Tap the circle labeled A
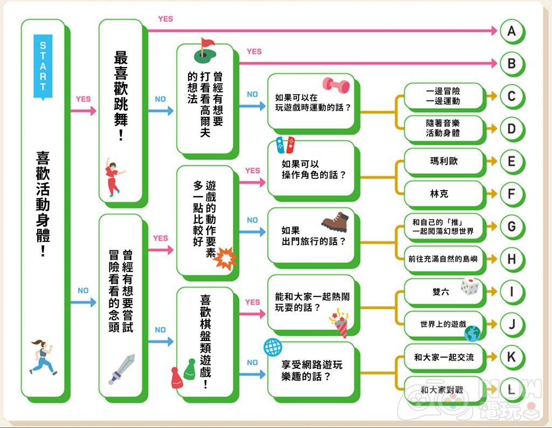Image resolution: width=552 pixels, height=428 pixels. (x=511, y=31)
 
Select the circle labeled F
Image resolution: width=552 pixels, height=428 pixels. (x=511, y=194)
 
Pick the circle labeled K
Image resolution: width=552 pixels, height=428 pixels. (x=511, y=356)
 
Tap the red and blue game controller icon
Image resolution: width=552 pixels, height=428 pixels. (x=286, y=144)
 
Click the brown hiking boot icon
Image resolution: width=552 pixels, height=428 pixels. (x=336, y=221)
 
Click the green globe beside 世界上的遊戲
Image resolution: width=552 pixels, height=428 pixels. (x=472, y=332)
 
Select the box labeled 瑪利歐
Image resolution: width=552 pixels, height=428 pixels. (x=444, y=161)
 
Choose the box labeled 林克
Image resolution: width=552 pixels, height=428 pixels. (x=444, y=194)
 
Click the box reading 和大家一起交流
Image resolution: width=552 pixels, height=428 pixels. (x=444, y=357)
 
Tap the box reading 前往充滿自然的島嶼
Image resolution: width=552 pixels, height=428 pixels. (x=444, y=259)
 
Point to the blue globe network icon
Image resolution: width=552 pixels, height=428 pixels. (x=271, y=348)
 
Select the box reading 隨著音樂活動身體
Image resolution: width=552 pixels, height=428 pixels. (x=444, y=128)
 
